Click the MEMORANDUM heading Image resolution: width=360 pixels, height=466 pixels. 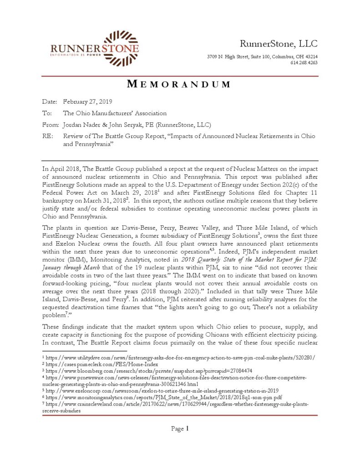point(179,84)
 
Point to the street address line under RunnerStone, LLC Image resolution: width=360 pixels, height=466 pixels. point(262,57)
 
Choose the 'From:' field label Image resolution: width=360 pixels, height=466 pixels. point(50,125)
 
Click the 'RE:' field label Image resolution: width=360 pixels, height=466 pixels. point(48,137)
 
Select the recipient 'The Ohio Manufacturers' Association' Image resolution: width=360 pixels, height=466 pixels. point(115,113)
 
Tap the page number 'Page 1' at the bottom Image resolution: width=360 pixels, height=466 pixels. point(180,429)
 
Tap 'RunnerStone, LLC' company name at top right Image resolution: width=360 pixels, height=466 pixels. point(279,44)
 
